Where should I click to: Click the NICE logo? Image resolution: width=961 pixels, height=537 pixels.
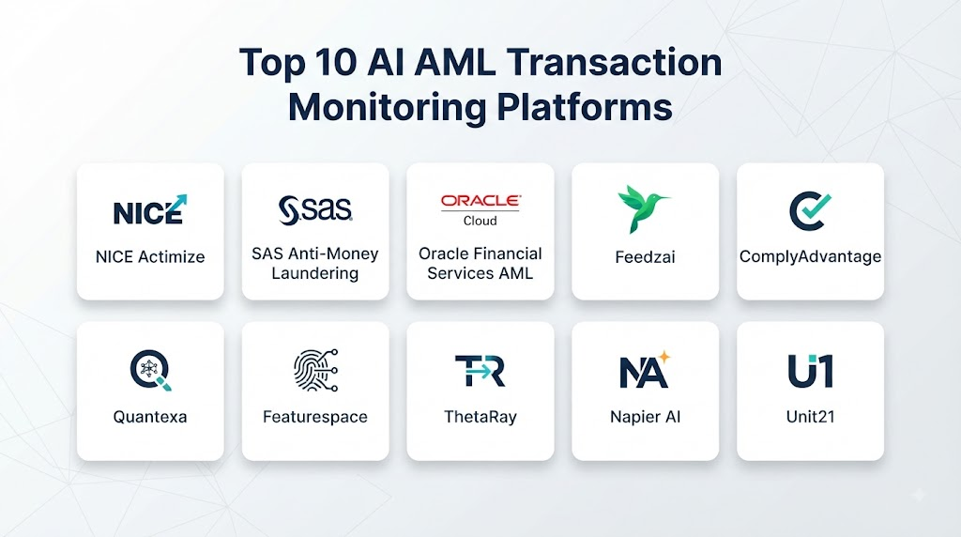coord(150,210)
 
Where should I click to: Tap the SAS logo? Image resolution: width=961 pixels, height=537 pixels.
coord(315,210)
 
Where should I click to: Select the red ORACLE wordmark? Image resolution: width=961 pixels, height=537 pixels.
coord(480,201)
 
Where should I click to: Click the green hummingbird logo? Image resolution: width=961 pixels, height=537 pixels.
coord(644,208)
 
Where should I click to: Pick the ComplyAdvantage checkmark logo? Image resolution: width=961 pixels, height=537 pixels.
coord(810,210)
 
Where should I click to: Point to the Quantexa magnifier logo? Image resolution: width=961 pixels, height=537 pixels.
coord(151,370)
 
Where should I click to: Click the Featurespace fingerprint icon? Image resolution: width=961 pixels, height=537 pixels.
coord(315,370)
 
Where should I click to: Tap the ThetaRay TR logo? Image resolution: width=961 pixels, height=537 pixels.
coord(480,371)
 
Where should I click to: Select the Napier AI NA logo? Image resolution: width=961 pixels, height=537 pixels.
coord(644,370)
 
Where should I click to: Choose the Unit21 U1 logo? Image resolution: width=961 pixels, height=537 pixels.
coord(810,371)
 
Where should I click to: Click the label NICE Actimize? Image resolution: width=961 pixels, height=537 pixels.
coord(150,257)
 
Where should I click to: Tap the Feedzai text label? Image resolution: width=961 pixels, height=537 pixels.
coord(645,257)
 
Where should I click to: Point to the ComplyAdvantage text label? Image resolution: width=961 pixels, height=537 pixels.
coord(810,257)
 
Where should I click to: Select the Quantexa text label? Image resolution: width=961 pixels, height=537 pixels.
coord(150,417)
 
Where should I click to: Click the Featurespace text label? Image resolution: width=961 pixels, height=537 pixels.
coord(315,417)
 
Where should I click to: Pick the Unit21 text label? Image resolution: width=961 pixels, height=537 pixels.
coord(810,417)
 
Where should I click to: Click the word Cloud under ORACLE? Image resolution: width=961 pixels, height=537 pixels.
coord(480,221)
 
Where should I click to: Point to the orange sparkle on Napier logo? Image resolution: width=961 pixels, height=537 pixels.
coord(664,357)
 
